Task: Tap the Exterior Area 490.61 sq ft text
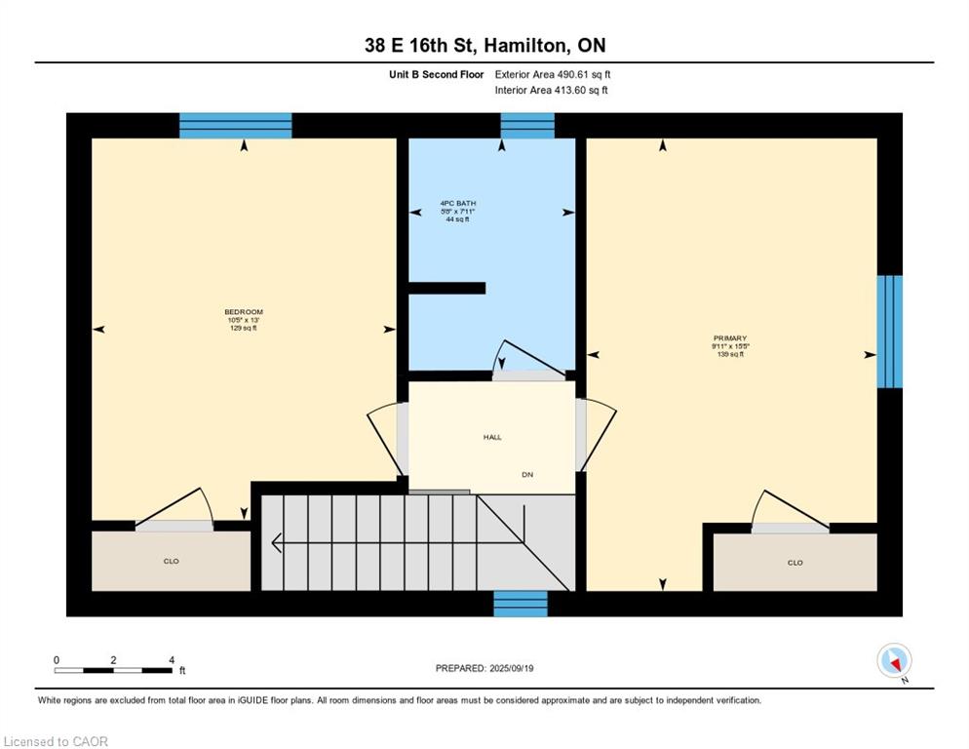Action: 553,75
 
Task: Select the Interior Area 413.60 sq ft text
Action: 551,91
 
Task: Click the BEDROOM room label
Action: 244,312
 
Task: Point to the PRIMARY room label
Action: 730,338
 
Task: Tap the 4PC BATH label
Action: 458,203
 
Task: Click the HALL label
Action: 492,437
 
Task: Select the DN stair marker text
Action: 527,474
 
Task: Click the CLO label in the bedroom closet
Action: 172,561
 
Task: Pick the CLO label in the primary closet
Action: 795,562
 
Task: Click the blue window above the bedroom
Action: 236,126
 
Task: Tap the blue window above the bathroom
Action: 527,126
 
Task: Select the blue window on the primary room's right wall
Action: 890,332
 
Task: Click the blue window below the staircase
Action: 521,604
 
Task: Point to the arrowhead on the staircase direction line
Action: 277,542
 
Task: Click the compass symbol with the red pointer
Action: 894,660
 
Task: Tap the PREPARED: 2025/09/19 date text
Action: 484,668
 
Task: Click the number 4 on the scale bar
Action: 172,660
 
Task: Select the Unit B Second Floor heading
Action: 437,75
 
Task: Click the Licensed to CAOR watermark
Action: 56,741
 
